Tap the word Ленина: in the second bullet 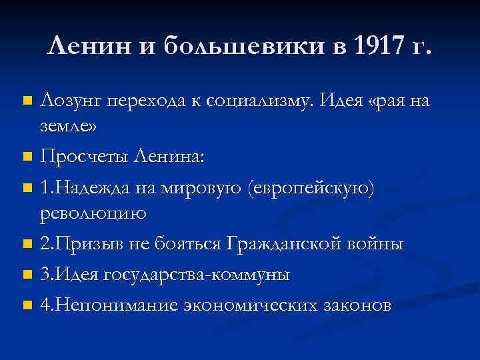pos(171,157)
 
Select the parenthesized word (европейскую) pos(312,190)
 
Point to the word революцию pos(93,213)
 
